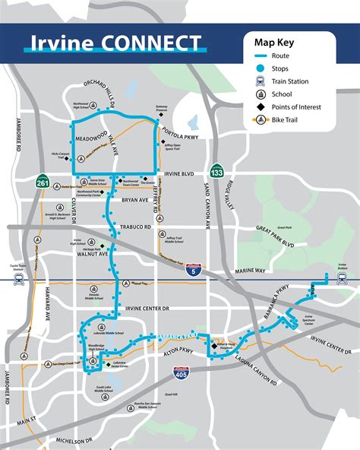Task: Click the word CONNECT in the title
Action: [x=158, y=43]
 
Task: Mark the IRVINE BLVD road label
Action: [x=178, y=174]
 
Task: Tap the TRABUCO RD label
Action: [x=137, y=227]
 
